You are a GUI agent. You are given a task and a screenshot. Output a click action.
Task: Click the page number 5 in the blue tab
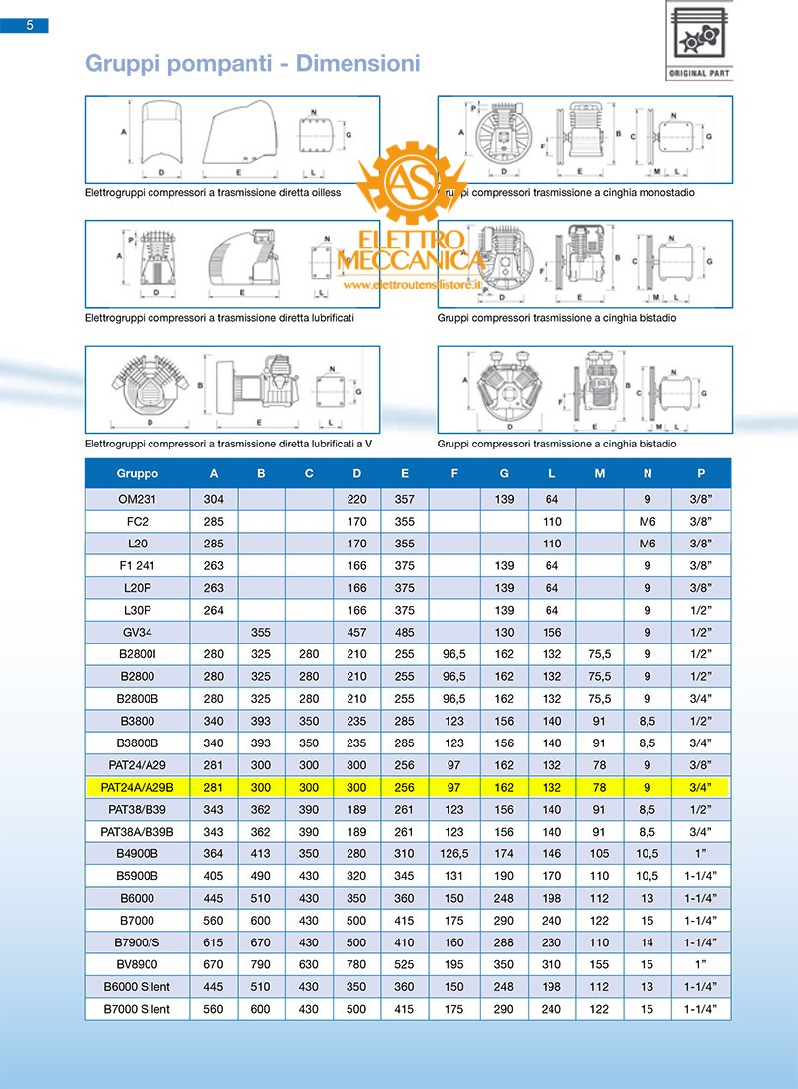point(30,26)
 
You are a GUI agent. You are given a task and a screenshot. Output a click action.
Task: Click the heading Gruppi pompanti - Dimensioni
point(252,64)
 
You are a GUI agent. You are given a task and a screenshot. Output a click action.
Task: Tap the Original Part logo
point(699,43)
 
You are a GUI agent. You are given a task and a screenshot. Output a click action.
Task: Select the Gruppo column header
point(137,473)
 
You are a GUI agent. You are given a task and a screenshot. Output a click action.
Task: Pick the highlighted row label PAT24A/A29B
point(137,788)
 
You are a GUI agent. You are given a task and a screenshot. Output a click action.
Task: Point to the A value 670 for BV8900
point(214,964)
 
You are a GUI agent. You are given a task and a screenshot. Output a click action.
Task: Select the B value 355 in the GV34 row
point(261,632)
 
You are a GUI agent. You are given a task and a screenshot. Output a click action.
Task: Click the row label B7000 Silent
point(137,1009)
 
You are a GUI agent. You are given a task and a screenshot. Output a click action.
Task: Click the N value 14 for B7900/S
point(648,942)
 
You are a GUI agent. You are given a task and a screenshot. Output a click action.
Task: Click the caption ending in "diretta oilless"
point(212,192)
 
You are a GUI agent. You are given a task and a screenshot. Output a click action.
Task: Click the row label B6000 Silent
point(137,987)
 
